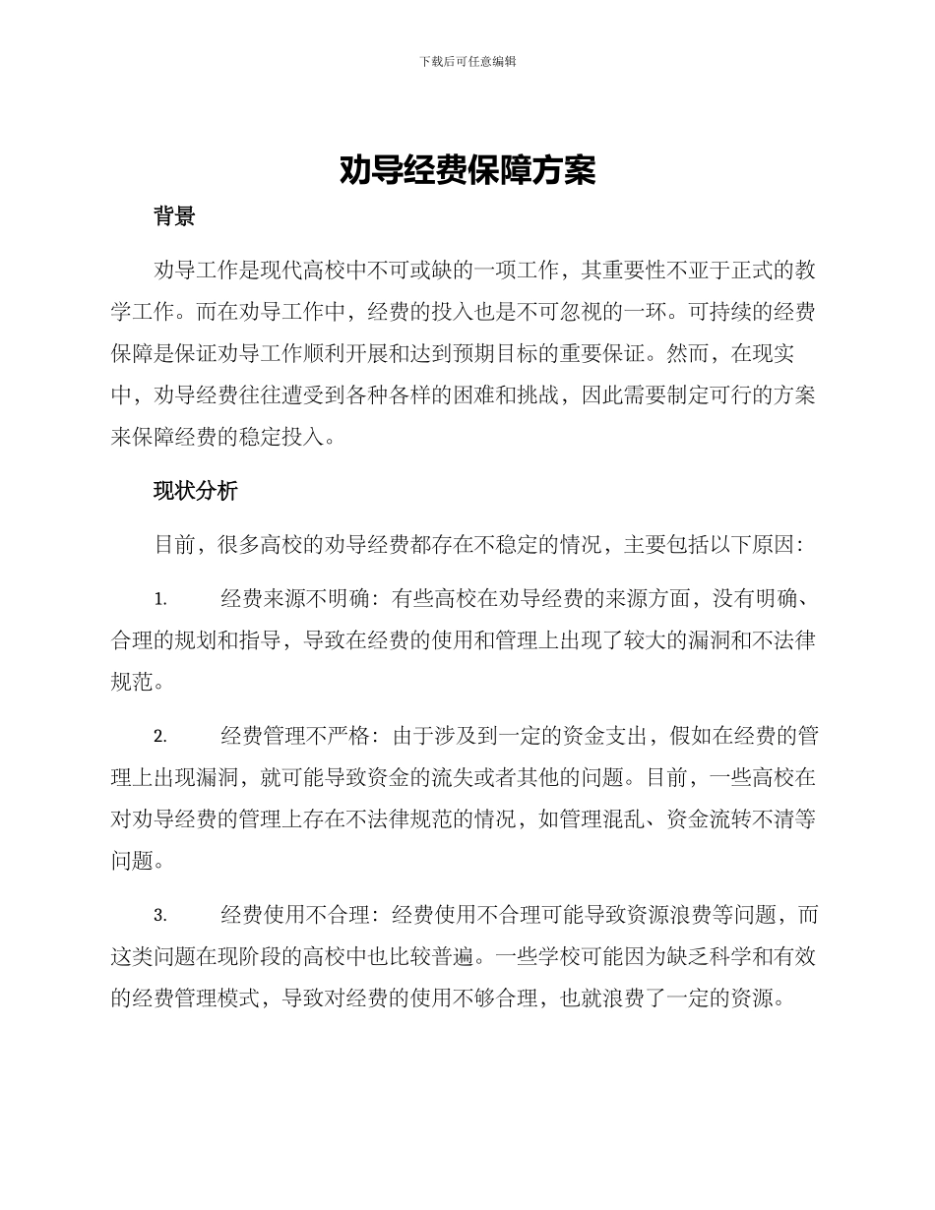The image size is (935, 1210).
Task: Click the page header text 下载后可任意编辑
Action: click(x=467, y=61)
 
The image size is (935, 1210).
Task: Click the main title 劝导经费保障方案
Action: click(x=467, y=171)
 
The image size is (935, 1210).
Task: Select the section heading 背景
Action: click(x=174, y=217)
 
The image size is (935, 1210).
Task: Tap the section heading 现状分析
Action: click(x=195, y=492)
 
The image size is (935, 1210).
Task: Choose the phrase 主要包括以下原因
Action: click(x=709, y=544)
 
